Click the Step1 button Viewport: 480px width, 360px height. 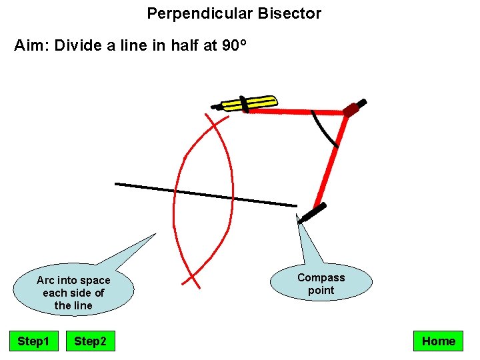[33, 341]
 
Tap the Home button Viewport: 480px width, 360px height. [438, 341]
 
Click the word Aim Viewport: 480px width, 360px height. [31, 47]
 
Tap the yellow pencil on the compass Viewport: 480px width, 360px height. [250, 103]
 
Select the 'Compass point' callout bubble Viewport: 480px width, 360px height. [321, 283]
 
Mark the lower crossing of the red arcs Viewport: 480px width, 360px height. [192, 277]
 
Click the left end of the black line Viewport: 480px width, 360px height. [117, 183]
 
